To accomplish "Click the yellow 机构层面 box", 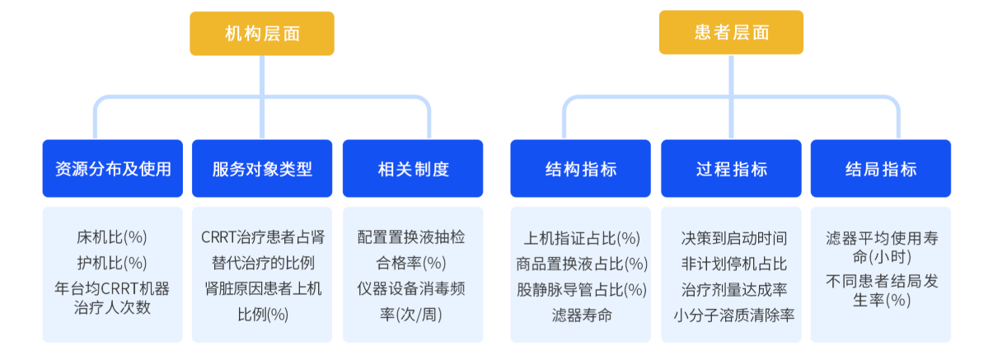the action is tap(262, 34).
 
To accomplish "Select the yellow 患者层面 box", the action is tap(731, 32).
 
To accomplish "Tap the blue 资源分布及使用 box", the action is tap(113, 169).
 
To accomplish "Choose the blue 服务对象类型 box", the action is tap(262, 169).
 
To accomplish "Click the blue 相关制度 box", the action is tap(413, 169).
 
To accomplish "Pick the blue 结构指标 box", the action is tap(580, 169).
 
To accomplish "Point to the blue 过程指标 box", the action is tap(731, 169).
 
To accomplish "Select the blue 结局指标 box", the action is tap(881, 169).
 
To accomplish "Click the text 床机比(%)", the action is tap(112, 237).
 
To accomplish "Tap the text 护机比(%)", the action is tap(112, 263).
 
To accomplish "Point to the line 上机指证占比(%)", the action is tap(582, 239).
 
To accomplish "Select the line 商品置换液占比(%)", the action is tap(582, 264).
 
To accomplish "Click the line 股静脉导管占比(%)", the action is tap(582, 290).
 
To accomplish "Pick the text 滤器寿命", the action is tap(582, 316).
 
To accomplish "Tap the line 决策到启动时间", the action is tap(734, 239).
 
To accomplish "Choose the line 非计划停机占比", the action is tap(734, 264).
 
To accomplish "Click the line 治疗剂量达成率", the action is tap(734, 290).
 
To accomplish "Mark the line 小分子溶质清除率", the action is tap(734, 316).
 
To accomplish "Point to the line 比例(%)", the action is tap(263, 315).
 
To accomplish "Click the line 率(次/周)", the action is tap(411, 315).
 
